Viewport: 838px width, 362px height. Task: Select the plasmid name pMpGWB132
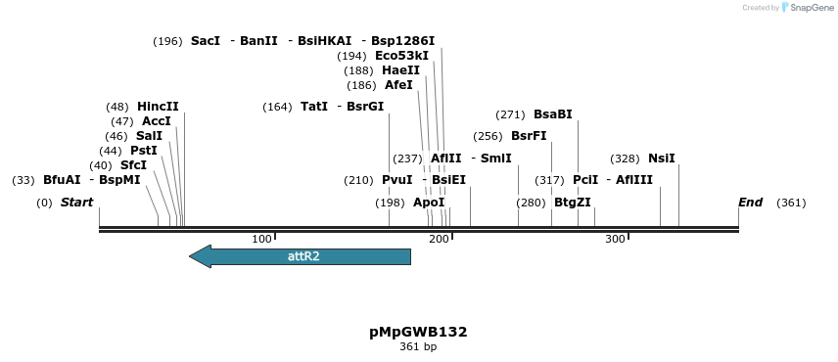click(418, 332)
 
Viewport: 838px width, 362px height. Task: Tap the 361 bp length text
click(418, 347)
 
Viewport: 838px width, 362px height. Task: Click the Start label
click(76, 203)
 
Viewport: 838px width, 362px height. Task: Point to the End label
click(750, 203)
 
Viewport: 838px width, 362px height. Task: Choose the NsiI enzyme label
click(662, 158)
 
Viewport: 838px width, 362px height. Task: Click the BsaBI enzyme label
click(553, 114)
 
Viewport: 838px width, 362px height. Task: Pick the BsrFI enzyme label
click(529, 136)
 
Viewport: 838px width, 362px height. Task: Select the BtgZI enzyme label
click(573, 203)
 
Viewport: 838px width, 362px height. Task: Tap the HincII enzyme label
click(158, 107)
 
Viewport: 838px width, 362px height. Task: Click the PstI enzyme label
click(143, 151)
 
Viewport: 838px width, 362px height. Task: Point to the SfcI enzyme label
click(133, 165)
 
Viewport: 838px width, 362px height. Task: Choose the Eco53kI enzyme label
click(401, 56)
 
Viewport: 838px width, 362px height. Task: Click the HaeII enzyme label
click(401, 70)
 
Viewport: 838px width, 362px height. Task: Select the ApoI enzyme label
click(429, 203)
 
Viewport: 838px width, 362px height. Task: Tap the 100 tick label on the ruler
click(261, 240)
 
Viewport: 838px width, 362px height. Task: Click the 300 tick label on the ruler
click(615, 240)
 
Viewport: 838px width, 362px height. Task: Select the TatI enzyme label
click(314, 107)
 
